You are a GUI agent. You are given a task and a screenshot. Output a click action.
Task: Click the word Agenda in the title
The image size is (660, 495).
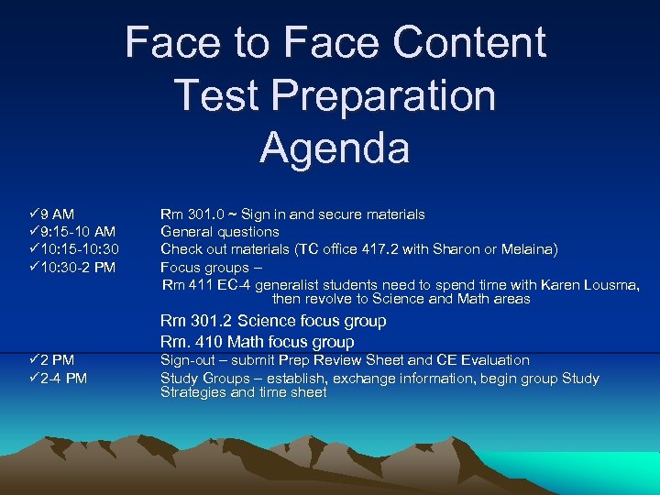(x=335, y=148)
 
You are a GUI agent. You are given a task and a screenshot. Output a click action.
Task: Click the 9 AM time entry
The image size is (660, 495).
(x=57, y=214)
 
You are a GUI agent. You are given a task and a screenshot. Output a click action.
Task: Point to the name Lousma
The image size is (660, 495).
(x=609, y=285)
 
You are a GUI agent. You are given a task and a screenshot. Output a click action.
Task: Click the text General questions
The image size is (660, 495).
(x=220, y=232)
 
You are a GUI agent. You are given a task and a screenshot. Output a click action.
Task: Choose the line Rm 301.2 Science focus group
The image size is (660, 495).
(x=273, y=321)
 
